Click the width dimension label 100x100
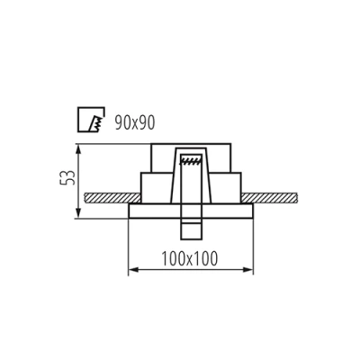[x=186, y=258]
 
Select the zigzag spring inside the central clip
[x=189, y=162]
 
